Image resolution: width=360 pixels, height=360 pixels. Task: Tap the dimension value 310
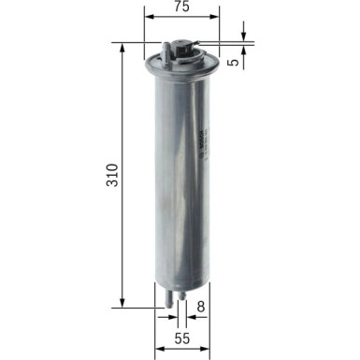112,175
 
